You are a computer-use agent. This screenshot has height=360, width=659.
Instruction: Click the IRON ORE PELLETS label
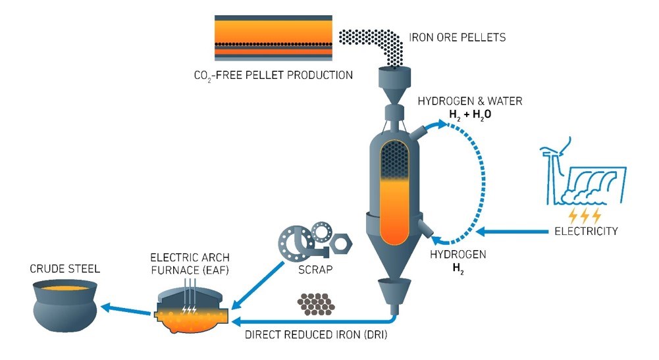(x=458, y=38)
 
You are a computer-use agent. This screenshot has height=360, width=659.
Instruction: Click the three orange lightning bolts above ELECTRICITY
(x=584, y=215)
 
